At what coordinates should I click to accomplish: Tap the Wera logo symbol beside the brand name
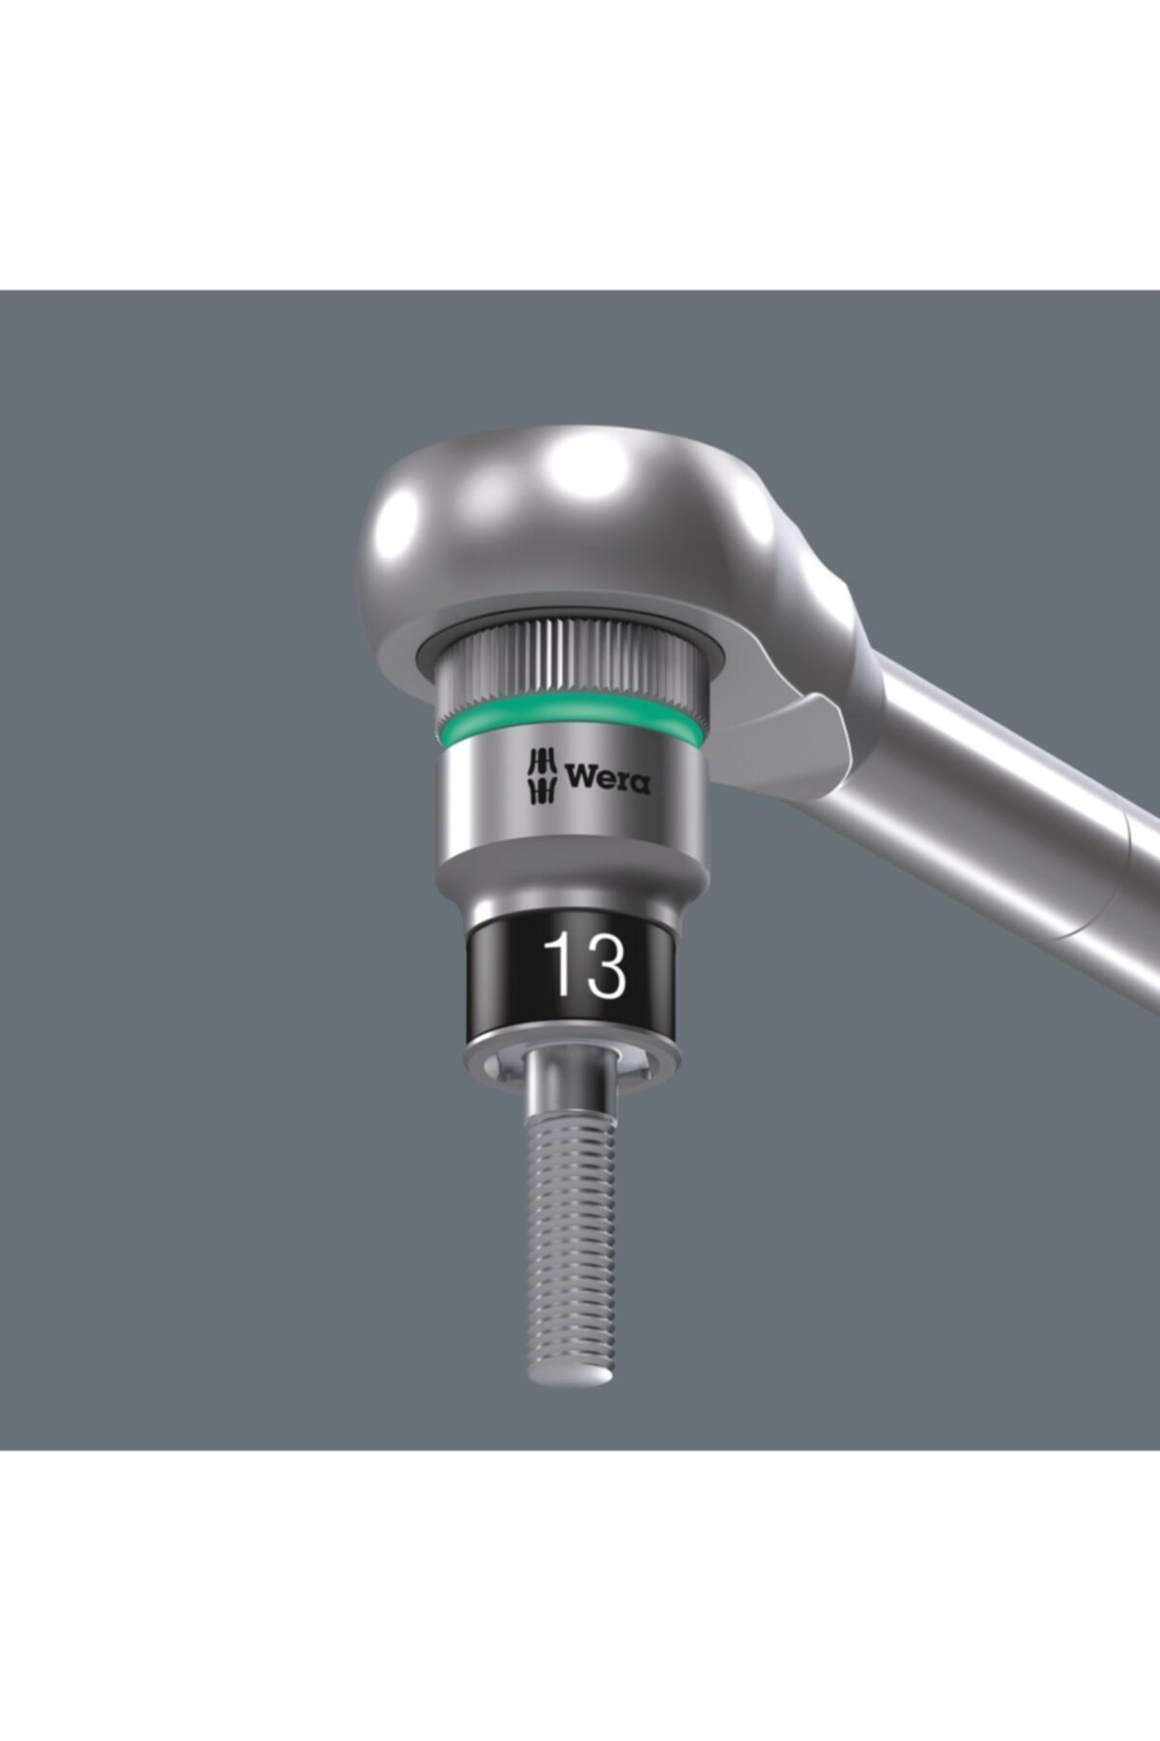pyautogui.click(x=541, y=777)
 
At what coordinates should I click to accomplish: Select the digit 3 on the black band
pyautogui.click(x=605, y=965)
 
